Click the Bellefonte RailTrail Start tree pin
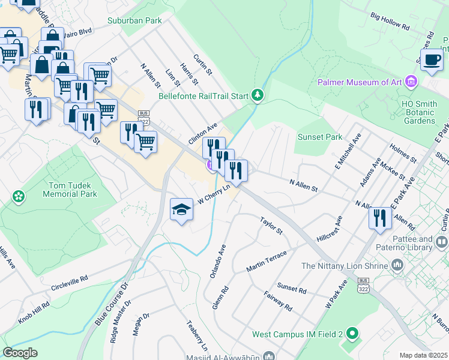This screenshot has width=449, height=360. tap(258, 95)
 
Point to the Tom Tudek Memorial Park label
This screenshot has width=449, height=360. tap(70, 190)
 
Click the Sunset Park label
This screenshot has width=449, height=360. tap(319, 137)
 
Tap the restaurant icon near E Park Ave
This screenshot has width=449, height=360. tap(379, 217)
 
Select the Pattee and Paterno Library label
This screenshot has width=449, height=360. tap(408, 242)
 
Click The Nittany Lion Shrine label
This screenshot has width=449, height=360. tap(345, 266)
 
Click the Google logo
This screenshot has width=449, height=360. tap(20, 353)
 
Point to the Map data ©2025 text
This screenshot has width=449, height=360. tap(423, 355)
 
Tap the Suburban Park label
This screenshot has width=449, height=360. tap(134, 20)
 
